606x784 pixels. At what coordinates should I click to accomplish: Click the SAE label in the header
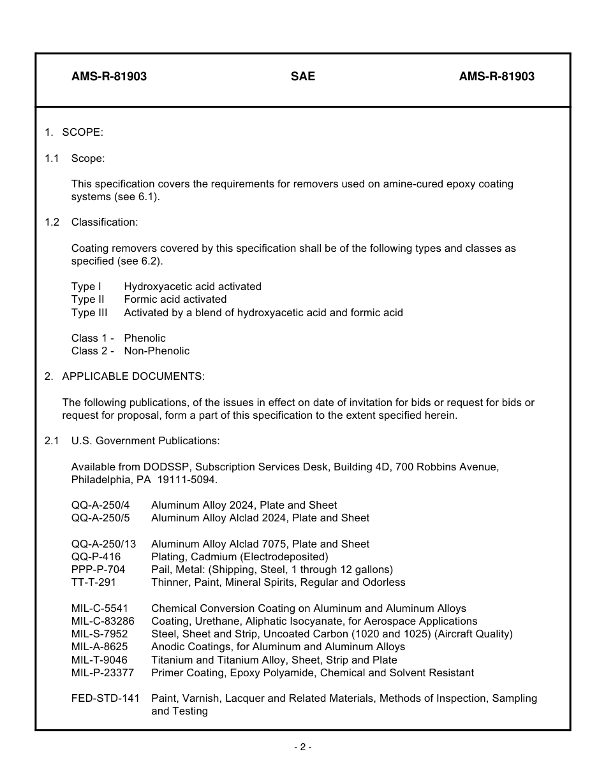[303, 76]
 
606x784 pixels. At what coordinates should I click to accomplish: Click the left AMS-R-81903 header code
[109, 76]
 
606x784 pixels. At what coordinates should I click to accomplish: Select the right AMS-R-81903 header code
[496, 76]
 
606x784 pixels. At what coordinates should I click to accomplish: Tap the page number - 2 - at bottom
[303, 747]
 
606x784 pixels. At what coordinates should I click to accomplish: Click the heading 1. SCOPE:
[74, 133]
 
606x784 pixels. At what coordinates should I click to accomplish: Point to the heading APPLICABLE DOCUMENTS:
[133, 377]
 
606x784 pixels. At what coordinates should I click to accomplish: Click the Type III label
[89, 312]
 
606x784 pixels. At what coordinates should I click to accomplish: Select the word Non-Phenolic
[156, 351]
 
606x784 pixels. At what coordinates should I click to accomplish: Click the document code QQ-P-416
[96, 557]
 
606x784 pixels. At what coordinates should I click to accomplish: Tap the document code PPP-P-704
[98, 570]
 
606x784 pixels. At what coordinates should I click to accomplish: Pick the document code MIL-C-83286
[103, 621]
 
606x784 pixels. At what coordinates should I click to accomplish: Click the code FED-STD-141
[105, 699]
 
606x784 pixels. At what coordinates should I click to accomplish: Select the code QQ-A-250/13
[103, 544]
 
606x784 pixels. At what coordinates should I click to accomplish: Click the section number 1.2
[52, 222]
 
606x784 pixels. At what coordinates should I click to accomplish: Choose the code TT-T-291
[94, 583]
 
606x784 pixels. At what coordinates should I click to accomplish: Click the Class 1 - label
[92, 338]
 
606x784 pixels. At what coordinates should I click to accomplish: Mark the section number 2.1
[52, 441]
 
